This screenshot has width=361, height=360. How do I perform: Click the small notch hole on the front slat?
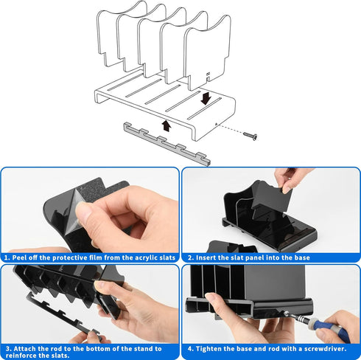tap(208, 74)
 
